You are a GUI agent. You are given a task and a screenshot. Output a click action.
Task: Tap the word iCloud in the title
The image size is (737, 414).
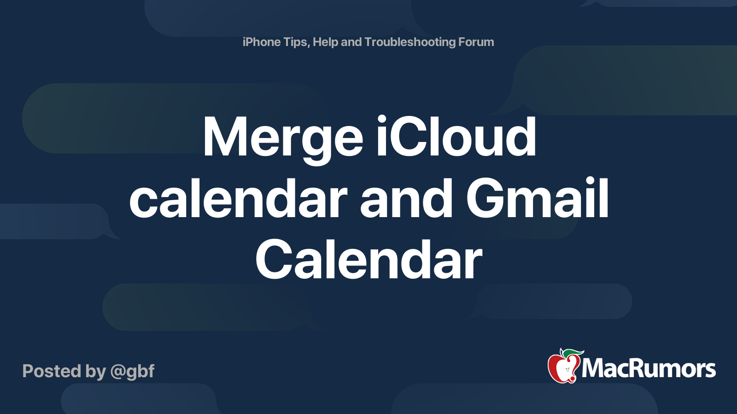tap(456, 136)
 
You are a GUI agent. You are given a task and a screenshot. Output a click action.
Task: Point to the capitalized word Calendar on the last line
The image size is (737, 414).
tap(368, 259)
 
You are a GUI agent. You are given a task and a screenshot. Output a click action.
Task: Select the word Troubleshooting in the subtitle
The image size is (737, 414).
tap(410, 42)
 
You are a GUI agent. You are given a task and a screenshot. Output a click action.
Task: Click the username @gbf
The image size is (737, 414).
tap(132, 371)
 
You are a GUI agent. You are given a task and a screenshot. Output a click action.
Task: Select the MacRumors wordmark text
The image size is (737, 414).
tap(649, 368)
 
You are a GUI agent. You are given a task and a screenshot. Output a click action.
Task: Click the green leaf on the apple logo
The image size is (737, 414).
tap(573, 353)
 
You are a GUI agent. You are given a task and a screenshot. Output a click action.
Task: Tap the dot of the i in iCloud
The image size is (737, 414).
tap(382, 120)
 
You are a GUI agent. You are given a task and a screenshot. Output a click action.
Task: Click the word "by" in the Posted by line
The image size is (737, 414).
tap(95, 372)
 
